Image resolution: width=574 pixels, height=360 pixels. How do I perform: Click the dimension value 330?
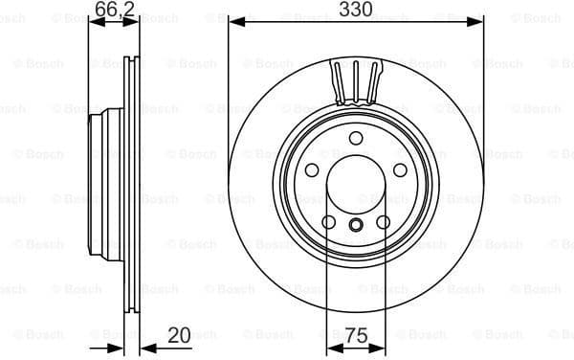pos(355,11)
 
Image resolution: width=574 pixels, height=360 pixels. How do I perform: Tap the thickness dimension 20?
pos(178,335)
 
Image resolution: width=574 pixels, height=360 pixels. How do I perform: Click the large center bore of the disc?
pos(355,181)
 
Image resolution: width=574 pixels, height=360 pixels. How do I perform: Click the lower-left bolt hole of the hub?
pos(328,222)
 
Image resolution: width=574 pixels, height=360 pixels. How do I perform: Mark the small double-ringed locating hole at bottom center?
pos(355,226)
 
